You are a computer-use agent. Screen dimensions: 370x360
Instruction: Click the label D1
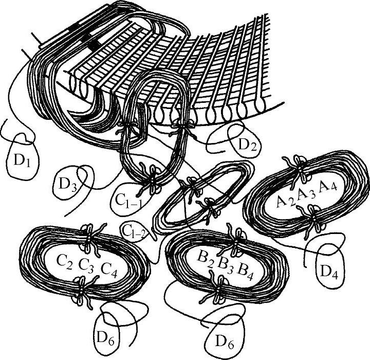(x=22, y=160)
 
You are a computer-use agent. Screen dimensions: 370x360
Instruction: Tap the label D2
(x=247, y=145)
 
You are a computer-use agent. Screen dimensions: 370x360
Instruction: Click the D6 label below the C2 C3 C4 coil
(x=105, y=338)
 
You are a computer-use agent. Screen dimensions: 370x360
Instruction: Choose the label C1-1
(x=128, y=201)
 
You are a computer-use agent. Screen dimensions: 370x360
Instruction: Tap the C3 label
(x=86, y=265)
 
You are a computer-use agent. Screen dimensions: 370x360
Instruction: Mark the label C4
(x=109, y=270)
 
